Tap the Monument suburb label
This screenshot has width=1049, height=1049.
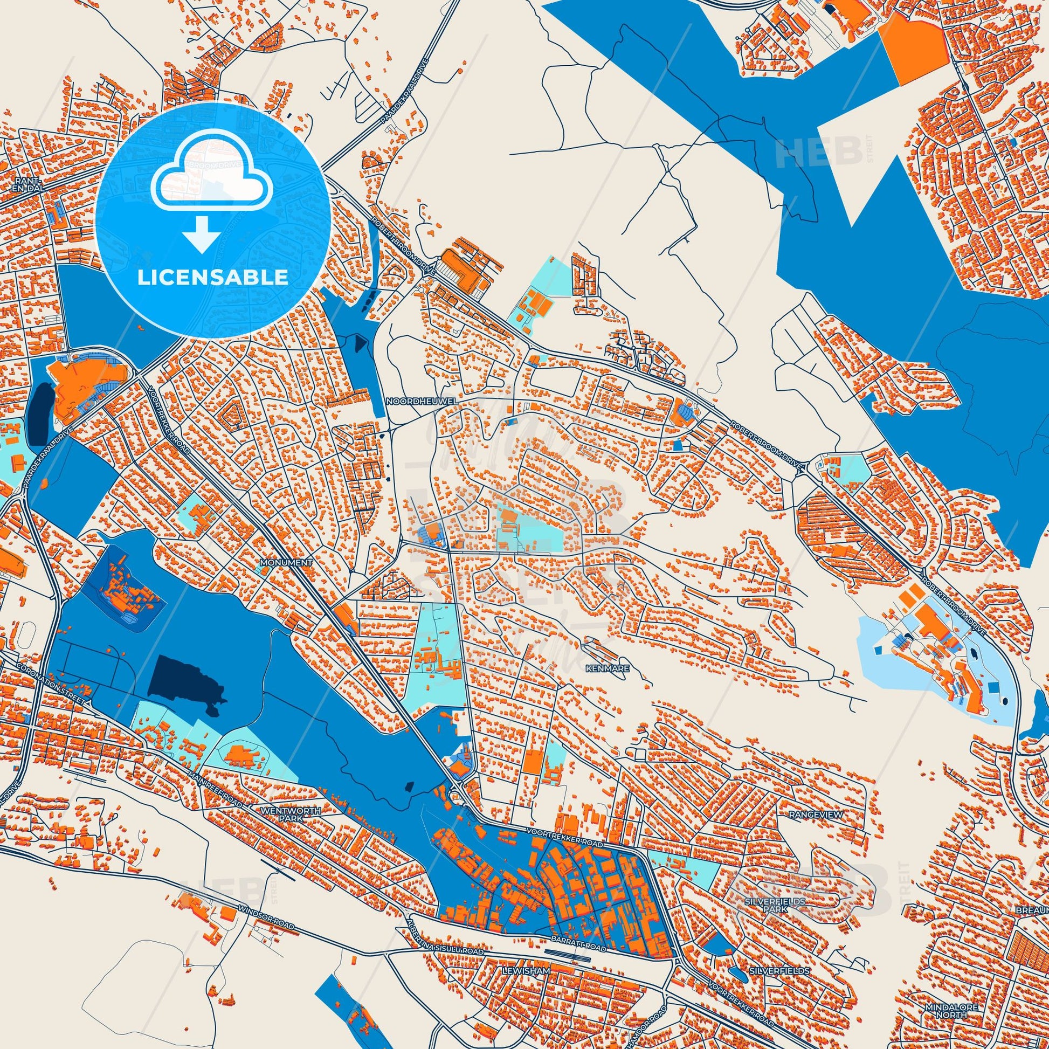pyautogui.click(x=286, y=563)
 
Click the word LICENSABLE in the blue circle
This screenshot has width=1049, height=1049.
pyautogui.click(x=212, y=277)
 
